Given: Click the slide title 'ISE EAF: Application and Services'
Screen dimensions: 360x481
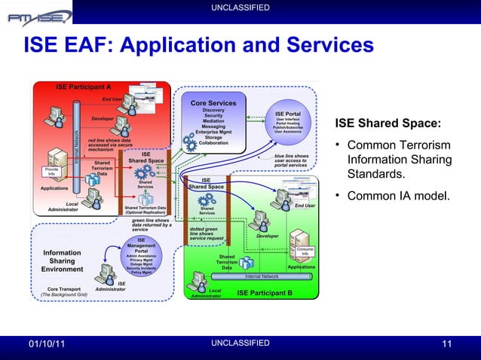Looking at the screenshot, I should click(x=199, y=47).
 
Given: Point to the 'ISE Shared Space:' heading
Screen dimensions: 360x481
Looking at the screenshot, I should click(x=388, y=124).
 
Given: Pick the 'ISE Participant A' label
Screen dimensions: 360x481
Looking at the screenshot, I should click(x=83, y=87).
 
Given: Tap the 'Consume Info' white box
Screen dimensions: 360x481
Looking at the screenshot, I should click(x=305, y=252).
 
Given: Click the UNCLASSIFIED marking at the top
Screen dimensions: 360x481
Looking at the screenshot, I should click(x=240, y=7).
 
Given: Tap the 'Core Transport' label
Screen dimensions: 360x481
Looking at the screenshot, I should click(x=64, y=288).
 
